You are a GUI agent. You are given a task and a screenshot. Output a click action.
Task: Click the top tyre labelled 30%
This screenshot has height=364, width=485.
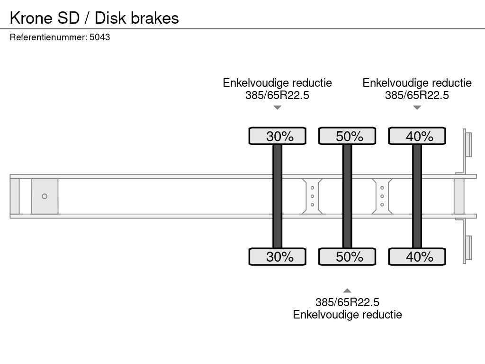tap(278, 136)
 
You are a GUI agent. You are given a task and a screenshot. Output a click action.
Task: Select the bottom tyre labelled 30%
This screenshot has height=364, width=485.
tap(278, 256)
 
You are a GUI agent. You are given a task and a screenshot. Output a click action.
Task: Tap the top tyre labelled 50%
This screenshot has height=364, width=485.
tap(347, 136)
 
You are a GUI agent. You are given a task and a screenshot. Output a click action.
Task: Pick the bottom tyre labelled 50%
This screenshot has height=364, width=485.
tap(347, 256)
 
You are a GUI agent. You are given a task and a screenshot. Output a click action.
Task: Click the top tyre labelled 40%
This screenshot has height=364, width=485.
tap(417, 136)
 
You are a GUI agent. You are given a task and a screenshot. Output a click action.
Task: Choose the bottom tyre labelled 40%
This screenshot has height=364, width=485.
tap(417, 256)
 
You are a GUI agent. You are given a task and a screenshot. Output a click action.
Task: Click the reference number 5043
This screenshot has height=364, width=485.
tap(100, 37)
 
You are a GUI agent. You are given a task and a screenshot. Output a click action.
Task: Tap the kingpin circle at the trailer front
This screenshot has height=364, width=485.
tap(45, 196)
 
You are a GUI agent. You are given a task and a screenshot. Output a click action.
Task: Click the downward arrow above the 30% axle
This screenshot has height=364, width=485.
tap(278, 108)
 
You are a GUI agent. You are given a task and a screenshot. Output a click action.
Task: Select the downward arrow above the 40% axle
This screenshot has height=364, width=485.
tap(417, 108)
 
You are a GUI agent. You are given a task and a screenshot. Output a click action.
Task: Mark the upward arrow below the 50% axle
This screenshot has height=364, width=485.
tap(347, 291)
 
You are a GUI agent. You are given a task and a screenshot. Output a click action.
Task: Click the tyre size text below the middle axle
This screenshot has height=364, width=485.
tap(347, 302)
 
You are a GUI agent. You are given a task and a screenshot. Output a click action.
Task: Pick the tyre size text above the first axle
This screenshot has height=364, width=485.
tap(278, 95)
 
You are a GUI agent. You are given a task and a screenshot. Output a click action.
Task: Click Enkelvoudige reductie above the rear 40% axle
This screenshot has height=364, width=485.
tap(417, 83)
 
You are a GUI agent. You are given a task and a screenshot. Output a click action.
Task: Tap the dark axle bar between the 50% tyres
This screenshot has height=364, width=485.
tap(347, 196)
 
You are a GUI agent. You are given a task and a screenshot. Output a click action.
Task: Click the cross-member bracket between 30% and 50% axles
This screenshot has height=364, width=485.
tap(312, 196)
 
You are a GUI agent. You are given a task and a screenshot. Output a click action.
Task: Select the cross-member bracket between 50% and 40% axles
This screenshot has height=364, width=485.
tap(382, 196)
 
